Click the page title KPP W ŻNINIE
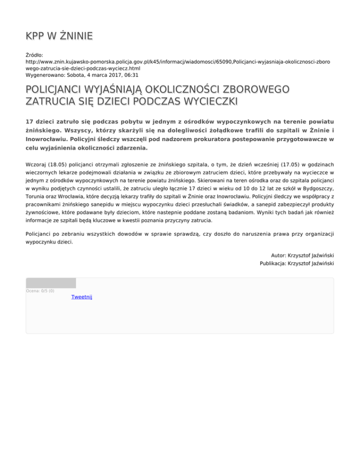[59, 36]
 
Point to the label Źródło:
[35, 55]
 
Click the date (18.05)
[61, 165]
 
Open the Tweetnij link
[82, 297]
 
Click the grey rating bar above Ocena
[51, 283]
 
